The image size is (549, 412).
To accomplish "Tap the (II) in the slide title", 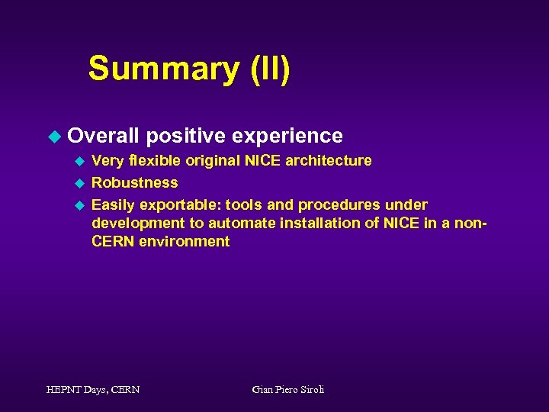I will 269,69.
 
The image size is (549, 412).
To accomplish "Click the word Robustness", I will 135,182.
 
